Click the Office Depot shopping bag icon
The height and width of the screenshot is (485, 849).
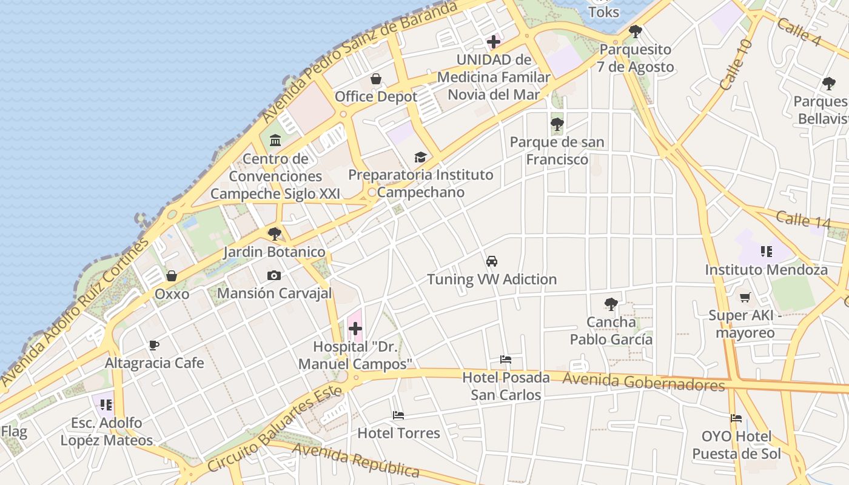376,79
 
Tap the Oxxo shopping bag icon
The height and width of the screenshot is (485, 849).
172,276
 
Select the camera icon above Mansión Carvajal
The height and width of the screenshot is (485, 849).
274,276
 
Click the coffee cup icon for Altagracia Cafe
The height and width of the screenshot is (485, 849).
154,346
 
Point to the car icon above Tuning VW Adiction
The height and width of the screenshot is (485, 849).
492,261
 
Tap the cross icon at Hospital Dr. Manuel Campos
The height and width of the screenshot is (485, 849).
355,329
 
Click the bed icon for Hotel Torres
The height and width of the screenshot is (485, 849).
398,415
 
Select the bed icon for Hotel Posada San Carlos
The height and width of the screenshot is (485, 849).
506,360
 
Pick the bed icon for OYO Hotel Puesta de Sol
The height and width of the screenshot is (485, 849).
736,418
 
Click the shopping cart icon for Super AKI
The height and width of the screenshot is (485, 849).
745,297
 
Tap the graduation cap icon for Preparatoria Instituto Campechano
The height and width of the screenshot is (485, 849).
420,158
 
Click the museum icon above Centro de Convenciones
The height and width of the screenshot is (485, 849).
275,141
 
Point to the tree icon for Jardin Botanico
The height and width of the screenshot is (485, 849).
275,233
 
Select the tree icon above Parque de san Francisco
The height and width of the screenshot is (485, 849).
557,125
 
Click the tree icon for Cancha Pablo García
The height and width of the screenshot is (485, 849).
611,304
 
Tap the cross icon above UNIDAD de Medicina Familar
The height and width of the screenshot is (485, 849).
494,42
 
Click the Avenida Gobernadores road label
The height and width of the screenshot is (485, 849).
643,382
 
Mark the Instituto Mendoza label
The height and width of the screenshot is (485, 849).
766,270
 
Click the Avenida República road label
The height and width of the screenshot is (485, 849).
356,460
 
